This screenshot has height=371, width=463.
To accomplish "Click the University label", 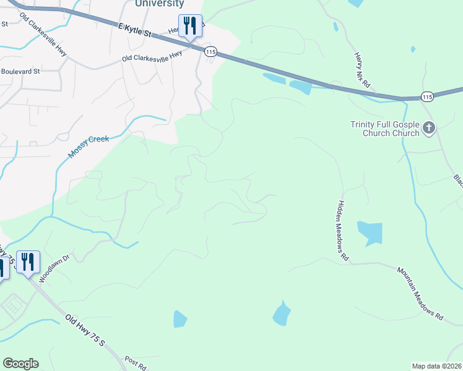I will pyautogui.click(x=159, y=4).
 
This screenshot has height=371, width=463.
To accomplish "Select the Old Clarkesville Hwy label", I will pyautogui.click(x=152, y=58).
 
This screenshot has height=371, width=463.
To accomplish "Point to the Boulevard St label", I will pyautogui.click(x=20, y=71).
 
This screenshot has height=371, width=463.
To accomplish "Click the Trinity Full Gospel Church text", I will pyautogui.click(x=384, y=129).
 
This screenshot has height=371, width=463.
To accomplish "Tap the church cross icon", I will pyautogui.click(x=429, y=129).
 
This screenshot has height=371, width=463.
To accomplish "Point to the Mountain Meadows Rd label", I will pyautogui.click(x=420, y=293).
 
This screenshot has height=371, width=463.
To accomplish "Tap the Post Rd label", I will pyautogui.click(x=135, y=364).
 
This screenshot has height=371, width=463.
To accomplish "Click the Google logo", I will pyautogui.click(x=20, y=364).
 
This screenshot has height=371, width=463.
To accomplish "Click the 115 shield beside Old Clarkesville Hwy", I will pyautogui.click(x=211, y=53).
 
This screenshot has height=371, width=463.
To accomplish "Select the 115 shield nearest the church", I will pyautogui.click(x=426, y=96).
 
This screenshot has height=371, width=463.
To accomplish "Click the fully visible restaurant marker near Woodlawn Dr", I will pyautogui.click(x=27, y=262).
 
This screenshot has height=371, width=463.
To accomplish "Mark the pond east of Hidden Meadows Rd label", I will pyautogui.click(x=371, y=233).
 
